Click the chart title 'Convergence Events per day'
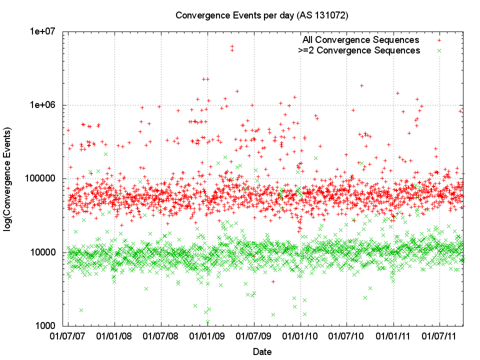[261, 15]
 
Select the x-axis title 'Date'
[262, 351]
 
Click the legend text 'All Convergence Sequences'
[360, 40]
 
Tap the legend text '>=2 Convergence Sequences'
[359, 50]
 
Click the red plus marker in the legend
[439, 40]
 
